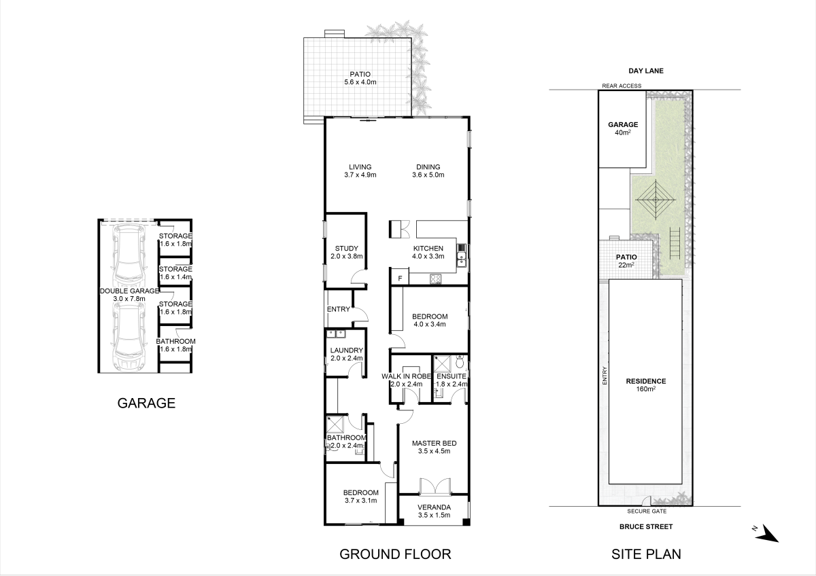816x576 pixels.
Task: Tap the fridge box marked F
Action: pyautogui.click(x=399, y=278)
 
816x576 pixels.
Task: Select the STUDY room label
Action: pyautogui.click(x=347, y=252)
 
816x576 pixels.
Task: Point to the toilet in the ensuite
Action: pyautogui.click(x=460, y=363)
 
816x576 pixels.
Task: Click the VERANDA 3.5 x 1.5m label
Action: pyautogui.click(x=434, y=511)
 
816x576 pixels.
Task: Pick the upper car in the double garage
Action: pyautogui.click(x=129, y=257)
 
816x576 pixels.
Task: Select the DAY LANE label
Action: pyautogui.click(x=645, y=71)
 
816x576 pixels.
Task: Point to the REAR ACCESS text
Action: pyautogui.click(x=622, y=86)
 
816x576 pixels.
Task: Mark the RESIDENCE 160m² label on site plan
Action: pyautogui.click(x=645, y=385)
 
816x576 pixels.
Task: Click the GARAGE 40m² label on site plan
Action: pyautogui.click(x=622, y=128)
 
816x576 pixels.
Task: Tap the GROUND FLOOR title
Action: pyautogui.click(x=395, y=554)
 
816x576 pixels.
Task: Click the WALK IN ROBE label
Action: pyautogui.click(x=407, y=376)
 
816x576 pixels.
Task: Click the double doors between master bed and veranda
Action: pyautogui.click(x=433, y=487)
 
